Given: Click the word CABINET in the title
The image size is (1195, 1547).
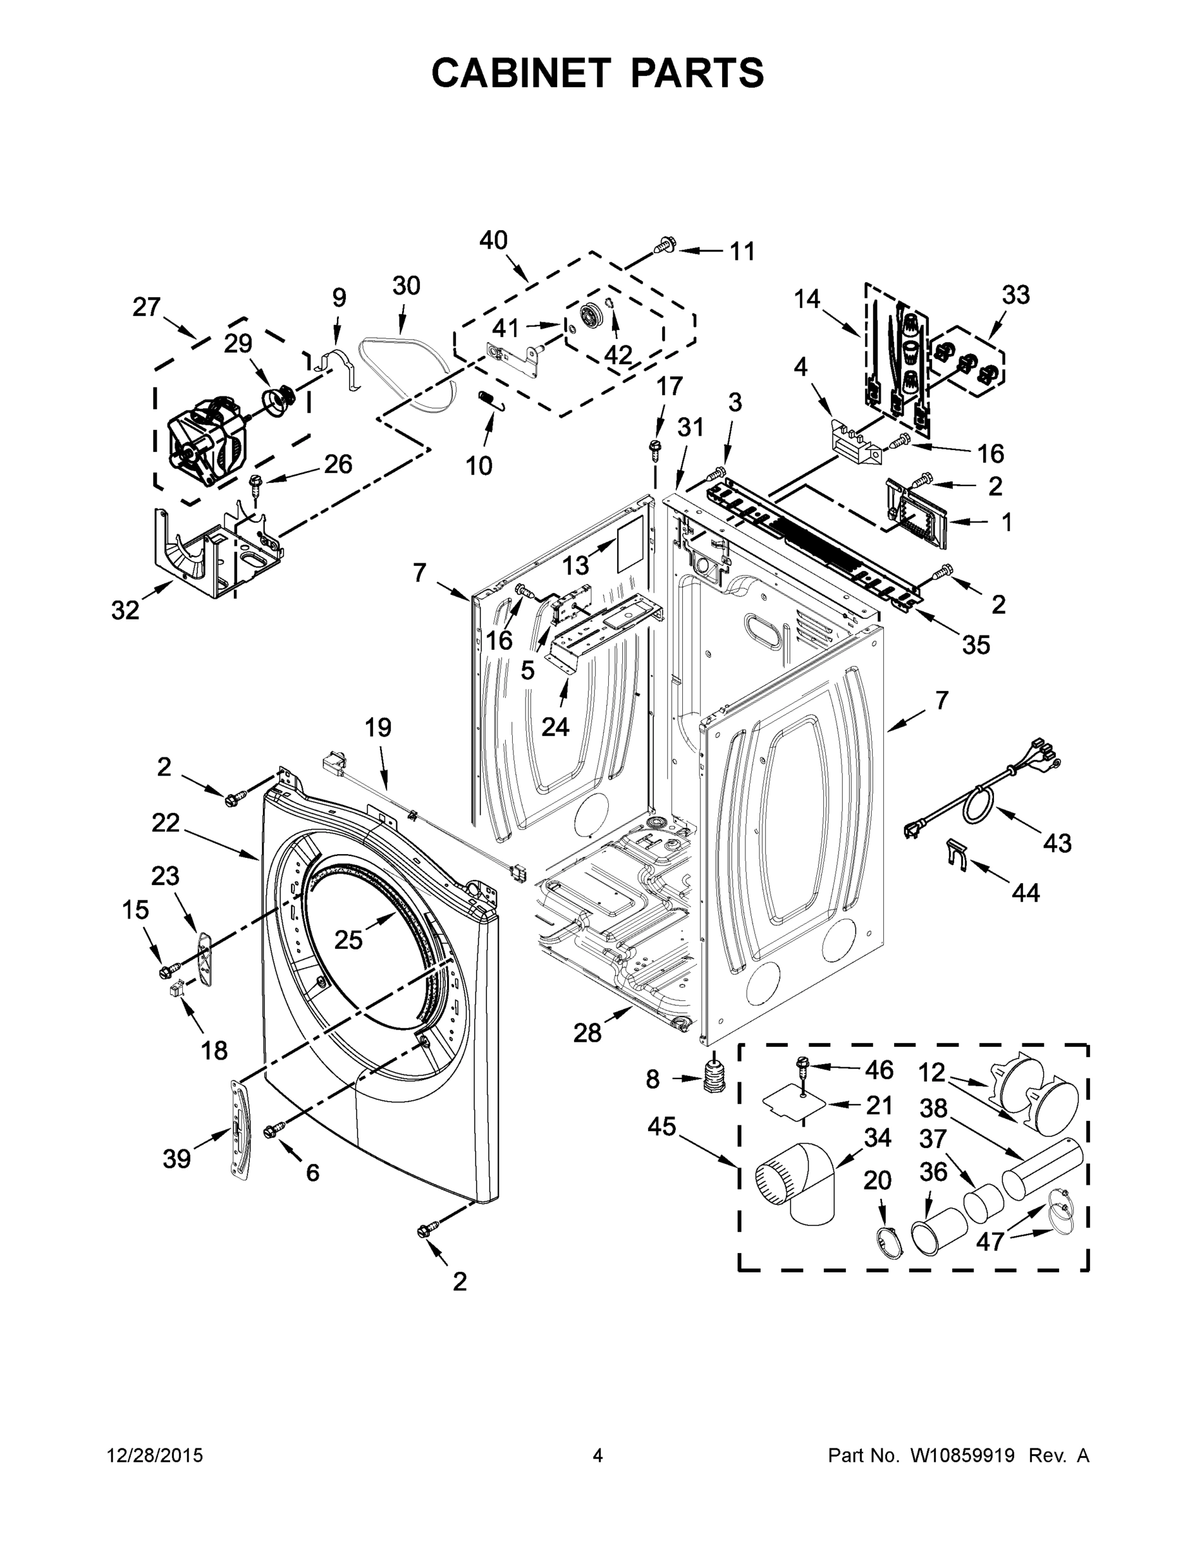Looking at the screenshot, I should tap(521, 72).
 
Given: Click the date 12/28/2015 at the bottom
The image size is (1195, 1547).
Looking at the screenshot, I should tap(155, 1455).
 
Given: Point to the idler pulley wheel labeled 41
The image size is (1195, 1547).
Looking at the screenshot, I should tap(589, 315).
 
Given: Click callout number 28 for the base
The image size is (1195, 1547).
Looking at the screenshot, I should tap(587, 1033).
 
